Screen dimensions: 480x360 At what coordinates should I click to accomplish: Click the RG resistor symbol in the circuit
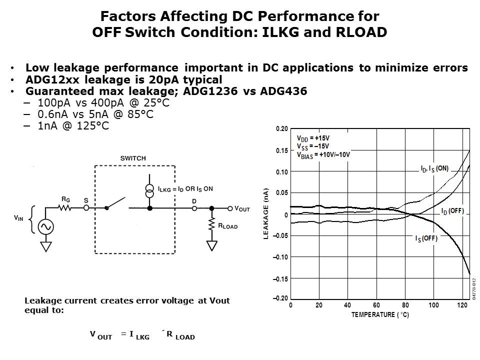[x=65, y=208]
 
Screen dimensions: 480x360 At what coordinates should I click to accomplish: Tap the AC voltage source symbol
[x=46, y=227]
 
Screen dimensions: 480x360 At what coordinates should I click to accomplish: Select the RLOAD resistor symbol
[x=211, y=224]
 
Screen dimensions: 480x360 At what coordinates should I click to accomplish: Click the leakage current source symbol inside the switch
[x=149, y=191]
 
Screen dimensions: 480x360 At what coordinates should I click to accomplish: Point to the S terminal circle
[x=86, y=208]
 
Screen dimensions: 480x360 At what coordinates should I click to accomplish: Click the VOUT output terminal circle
[x=230, y=208]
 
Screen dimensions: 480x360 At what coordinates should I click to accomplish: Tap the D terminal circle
[x=194, y=208]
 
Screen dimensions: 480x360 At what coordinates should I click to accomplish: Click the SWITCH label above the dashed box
[x=133, y=158]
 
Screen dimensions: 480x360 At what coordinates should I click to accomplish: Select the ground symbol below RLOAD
[x=212, y=245]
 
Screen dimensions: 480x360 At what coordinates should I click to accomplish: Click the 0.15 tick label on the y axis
[x=282, y=150]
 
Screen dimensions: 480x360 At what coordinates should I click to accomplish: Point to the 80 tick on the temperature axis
[x=405, y=305]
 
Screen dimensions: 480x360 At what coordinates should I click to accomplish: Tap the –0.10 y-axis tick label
[x=280, y=257]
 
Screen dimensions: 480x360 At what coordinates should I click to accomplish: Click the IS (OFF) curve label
[x=426, y=238]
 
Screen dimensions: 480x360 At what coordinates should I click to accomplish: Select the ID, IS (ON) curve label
[x=434, y=168]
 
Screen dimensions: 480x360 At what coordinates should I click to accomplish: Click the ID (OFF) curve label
[x=452, y=211]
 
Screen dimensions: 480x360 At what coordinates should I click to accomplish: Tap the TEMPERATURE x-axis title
[x=380, y=314]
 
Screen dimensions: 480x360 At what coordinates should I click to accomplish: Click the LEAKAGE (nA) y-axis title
[x=265, y=213]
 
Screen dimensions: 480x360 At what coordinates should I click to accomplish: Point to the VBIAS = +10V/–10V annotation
[x=323, y=155]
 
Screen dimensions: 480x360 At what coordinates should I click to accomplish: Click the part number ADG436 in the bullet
[x=283, y=91]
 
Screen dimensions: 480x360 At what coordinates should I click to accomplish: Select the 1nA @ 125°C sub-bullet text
[x=73, y=126]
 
